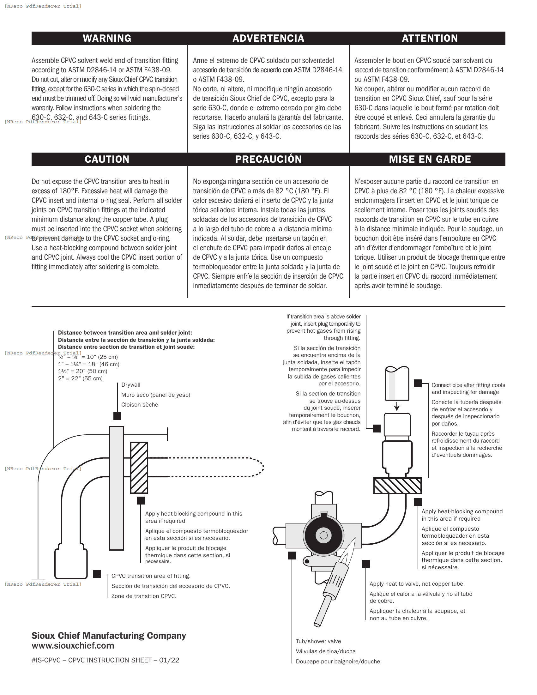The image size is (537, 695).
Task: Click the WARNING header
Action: pyautogui.click(x=107, y=38)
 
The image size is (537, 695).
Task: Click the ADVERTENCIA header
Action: pyautogui.click(x=268, y=38)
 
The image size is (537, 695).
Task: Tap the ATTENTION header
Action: pyautogui.click(x=430, y=38)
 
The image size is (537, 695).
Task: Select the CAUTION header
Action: pyautogui.click(x=107, y=159)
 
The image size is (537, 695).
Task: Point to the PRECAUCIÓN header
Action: pyautogui.click(x=268, y=159)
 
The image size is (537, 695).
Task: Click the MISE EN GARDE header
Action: pyautogui.click(x=430, y=159)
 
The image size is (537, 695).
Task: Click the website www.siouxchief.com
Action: pyautogui.click(x=73, y=645)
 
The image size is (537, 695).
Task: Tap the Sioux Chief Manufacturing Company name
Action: pyautogui.click(x=108, y=636)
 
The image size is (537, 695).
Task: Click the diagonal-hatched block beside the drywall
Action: pyautogui.click(x=139, y=468)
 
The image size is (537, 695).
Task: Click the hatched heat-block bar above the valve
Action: pyautogui.click(x=397, y=486)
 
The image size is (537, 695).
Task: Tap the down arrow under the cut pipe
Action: pyautogui.click(x=397, y=407)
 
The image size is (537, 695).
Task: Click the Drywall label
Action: pyautogui.click(x=131, y=385)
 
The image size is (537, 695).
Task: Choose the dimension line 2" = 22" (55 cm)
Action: pyautogui.click(x=80, y=378)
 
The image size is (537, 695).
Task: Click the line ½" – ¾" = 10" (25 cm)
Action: pyautogui.click(x=88, y=357)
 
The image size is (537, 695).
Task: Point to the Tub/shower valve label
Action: pyautogui.click(x=318, y=641)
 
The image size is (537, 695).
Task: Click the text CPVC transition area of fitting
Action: pyautogui.click(x=151, y=576)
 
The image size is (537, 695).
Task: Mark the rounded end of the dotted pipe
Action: pyautogui.click(x=262, y=467)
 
